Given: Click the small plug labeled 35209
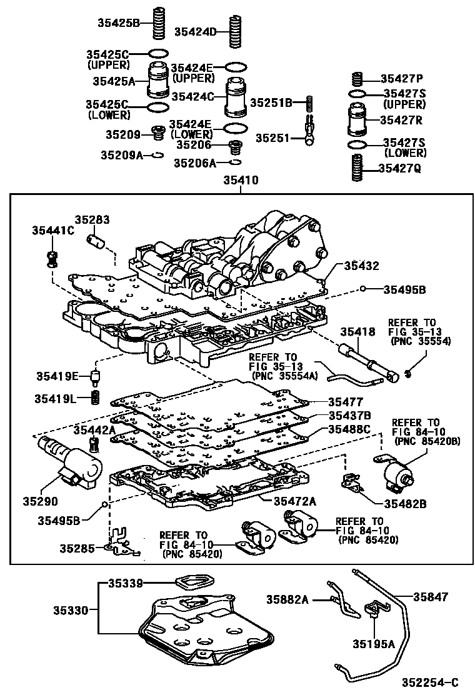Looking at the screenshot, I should click(158, 133).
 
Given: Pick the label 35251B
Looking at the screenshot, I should click(271, 102).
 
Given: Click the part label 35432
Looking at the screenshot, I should click(362, 266).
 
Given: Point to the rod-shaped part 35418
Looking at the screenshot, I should click(369, 363).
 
